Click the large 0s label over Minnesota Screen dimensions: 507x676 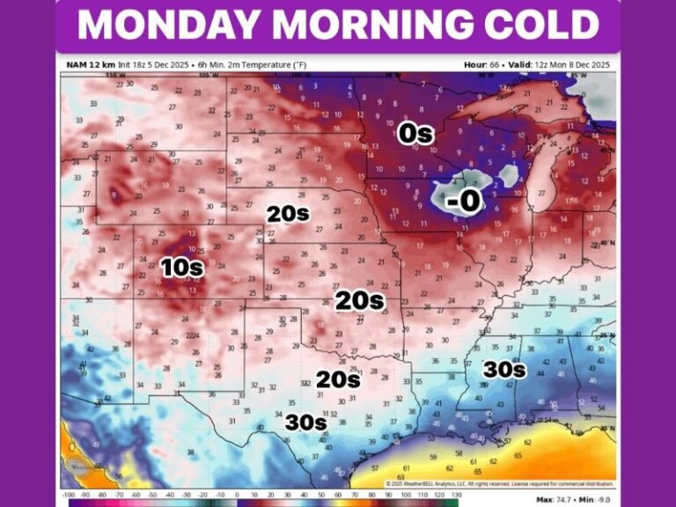point(415,134)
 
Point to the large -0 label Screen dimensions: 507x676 point(463,202)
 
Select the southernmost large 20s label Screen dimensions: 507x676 point(338,379)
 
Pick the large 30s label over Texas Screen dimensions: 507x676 point(305,422)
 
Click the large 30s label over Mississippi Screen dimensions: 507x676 point(503,370)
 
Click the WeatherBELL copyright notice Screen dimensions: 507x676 point(497,484)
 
